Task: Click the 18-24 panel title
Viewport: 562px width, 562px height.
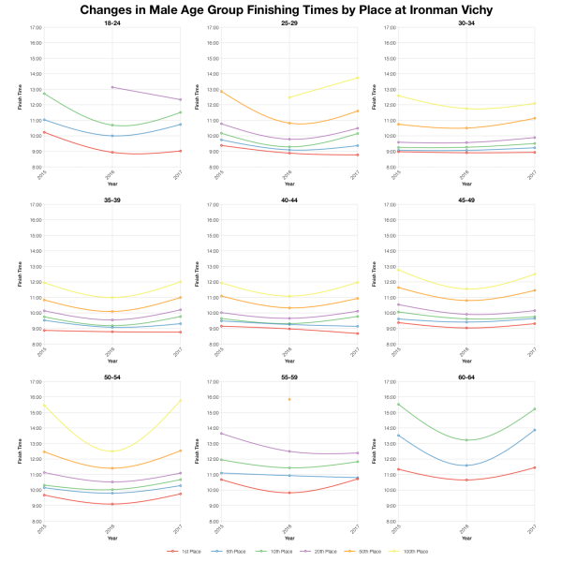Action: click(x=111, y=22)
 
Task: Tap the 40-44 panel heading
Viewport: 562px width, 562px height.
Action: click(x=288, y=199)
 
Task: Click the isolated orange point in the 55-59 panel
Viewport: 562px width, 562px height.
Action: click(x=288, y=399)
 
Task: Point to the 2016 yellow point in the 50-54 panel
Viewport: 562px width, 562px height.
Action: click(x=111, y=451)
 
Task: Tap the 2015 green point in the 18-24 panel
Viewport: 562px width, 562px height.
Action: click(x=43, y=94)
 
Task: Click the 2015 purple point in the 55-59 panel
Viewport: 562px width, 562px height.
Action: click(x=219, y=433)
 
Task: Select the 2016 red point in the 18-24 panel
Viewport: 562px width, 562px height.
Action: click(x=111, y=152)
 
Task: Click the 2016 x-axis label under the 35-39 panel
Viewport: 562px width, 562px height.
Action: click(x=111, y=352)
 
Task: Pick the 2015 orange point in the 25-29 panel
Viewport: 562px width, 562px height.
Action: click(x=219, y=91)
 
